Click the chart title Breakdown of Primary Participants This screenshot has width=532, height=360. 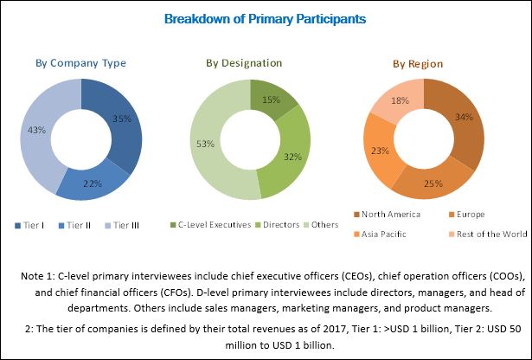[x=266, y=18]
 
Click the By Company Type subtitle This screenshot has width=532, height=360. [x=80, y=63]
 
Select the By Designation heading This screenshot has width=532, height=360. [x=244, y=63]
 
